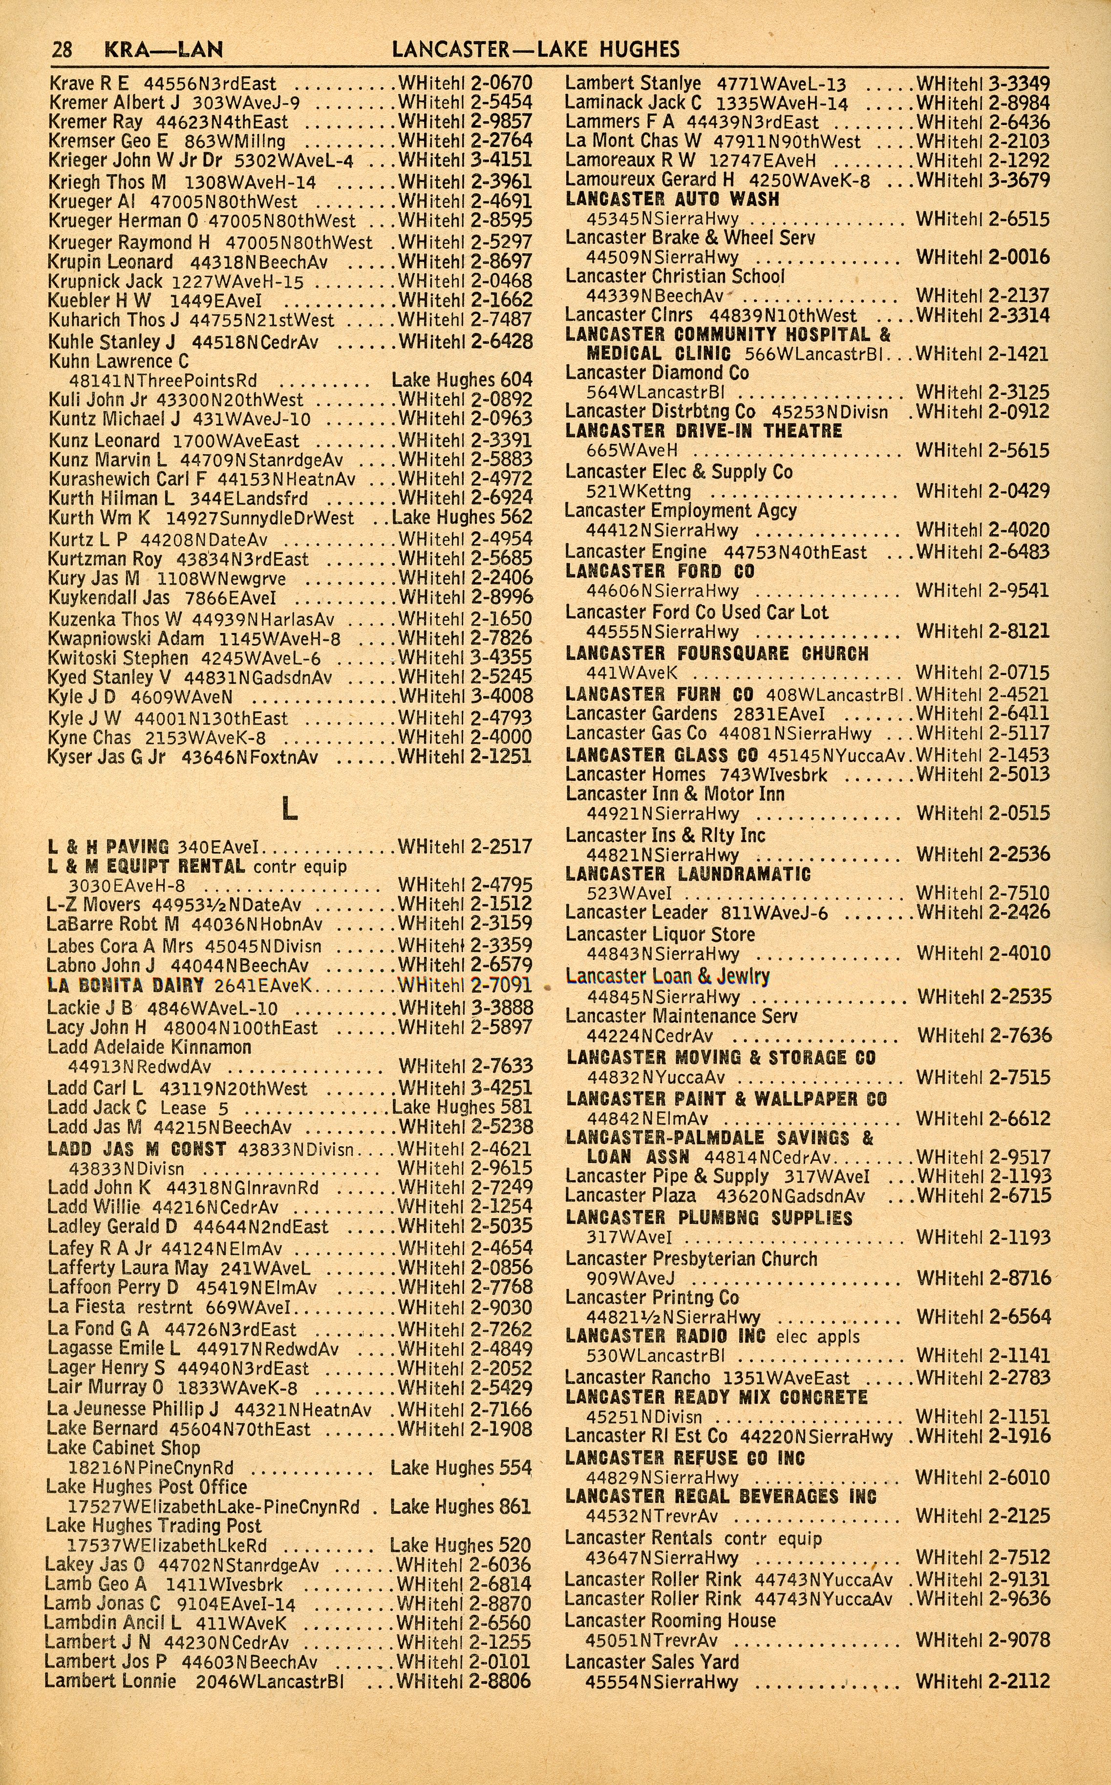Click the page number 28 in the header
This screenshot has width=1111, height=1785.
coord(62,50)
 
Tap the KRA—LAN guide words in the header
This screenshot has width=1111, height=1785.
coord(163,50)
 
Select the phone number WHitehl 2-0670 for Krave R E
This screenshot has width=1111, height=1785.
coord(465,84)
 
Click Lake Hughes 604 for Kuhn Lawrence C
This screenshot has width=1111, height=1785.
coord(461,380)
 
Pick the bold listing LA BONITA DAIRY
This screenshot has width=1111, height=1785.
coord(125,985)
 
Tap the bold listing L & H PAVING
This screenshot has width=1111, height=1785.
coord(108,847)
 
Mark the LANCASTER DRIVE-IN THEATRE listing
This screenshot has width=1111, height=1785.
coord(703,432)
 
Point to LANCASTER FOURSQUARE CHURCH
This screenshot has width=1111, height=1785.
coord(716,653)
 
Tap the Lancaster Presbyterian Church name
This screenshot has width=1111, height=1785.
coord(691,1258)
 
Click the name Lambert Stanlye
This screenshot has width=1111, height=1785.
coord(633,84)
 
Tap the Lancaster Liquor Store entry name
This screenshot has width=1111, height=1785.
coord(660,934)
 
